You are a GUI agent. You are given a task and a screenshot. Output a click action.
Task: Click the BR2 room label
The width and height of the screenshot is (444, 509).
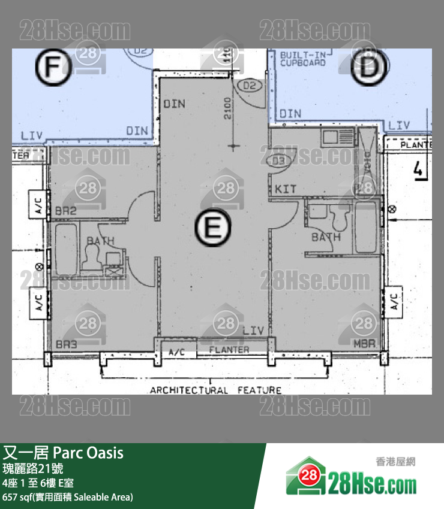tap(65, 211)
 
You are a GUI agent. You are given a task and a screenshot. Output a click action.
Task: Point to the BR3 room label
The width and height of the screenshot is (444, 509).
tap(66, 346)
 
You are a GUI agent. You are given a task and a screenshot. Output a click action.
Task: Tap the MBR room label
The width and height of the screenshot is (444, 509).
tap(364, 346)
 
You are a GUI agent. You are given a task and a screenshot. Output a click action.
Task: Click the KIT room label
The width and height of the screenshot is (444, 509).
tap(286, 189)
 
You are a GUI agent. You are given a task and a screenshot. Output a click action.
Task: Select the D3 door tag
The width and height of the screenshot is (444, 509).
tap(278, 160)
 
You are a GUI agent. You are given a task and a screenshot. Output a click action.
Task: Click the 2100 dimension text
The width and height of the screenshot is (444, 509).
tap(228, 108)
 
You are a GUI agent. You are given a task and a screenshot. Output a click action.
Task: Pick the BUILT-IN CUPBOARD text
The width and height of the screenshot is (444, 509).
tap(303, 59)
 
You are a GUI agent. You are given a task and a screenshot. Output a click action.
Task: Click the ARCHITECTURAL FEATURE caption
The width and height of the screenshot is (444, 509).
tap(215, 390)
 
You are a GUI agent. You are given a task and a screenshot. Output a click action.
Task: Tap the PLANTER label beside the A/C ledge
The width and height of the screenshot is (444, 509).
tap(229, 350)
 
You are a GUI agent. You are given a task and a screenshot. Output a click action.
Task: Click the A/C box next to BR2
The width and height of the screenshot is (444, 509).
tap(38, 205)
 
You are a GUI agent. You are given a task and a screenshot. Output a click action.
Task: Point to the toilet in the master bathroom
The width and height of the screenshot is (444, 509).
tap(339, 218)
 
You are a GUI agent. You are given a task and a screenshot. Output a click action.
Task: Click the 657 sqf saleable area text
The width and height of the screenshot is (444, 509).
tap(68, 497)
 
